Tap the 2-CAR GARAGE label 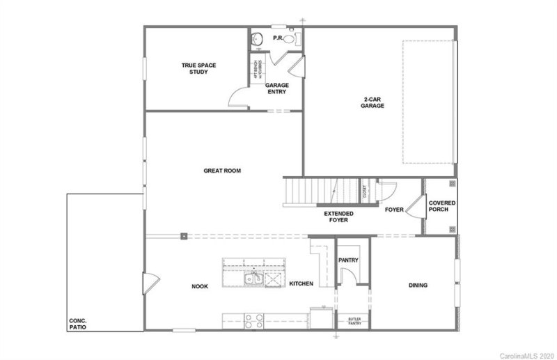(372, 103)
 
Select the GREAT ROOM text (222, 170)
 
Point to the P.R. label (276, 37)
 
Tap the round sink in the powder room (257, 39)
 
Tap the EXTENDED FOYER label (338, 217)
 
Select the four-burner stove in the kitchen (253, 321)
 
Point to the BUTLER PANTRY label (354, 321)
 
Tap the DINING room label (418, 285)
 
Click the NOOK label (201, 285)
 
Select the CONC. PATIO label (77, 324)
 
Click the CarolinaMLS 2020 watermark (526, 355)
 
